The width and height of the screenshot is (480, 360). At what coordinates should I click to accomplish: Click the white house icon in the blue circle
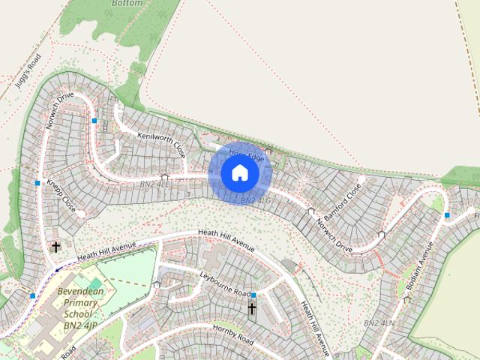click(x=239, y=173)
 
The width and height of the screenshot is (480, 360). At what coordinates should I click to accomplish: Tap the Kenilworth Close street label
click(x=161, y=143)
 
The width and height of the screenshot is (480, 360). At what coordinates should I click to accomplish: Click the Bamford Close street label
click(x=343, y=197)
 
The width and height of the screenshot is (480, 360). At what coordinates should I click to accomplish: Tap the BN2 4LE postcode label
click(x=155, y=184)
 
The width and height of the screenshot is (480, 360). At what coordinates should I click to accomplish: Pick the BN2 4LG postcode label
click(x=255, y=201)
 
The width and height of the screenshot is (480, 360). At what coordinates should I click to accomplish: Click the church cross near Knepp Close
click(x=55, y=246)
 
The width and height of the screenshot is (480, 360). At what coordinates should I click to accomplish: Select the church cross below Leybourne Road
click(x=252, y=308)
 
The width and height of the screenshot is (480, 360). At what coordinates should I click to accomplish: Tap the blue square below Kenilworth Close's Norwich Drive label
click(x=94, y=121)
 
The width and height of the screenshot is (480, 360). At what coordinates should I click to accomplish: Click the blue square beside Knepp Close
click(x=37, y=183)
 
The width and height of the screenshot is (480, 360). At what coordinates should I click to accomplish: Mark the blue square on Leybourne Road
click(x=253, y=295)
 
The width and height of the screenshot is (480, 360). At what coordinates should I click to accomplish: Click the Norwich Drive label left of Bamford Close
click(x=334, y=233)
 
